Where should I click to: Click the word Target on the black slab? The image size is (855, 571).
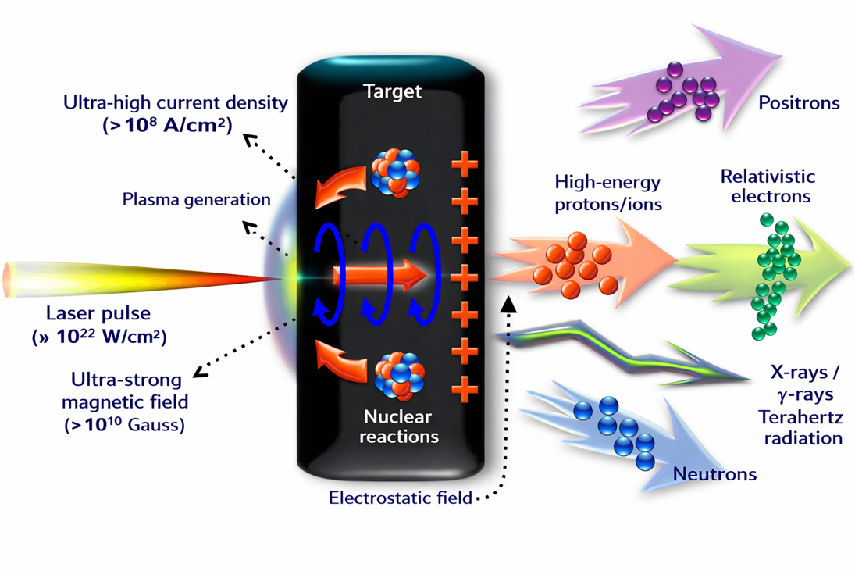(393, 91)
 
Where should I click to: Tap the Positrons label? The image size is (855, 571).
(799, 103)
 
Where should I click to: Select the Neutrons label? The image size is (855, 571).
(714, 473)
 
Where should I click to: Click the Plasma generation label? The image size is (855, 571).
(196, 199)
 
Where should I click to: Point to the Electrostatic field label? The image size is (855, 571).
(400, 498)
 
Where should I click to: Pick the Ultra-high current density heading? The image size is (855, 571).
(176, 102)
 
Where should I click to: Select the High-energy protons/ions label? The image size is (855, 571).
(607, 193)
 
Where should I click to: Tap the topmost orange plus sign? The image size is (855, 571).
(465, 165)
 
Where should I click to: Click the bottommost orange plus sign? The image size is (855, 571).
(465, 387)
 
